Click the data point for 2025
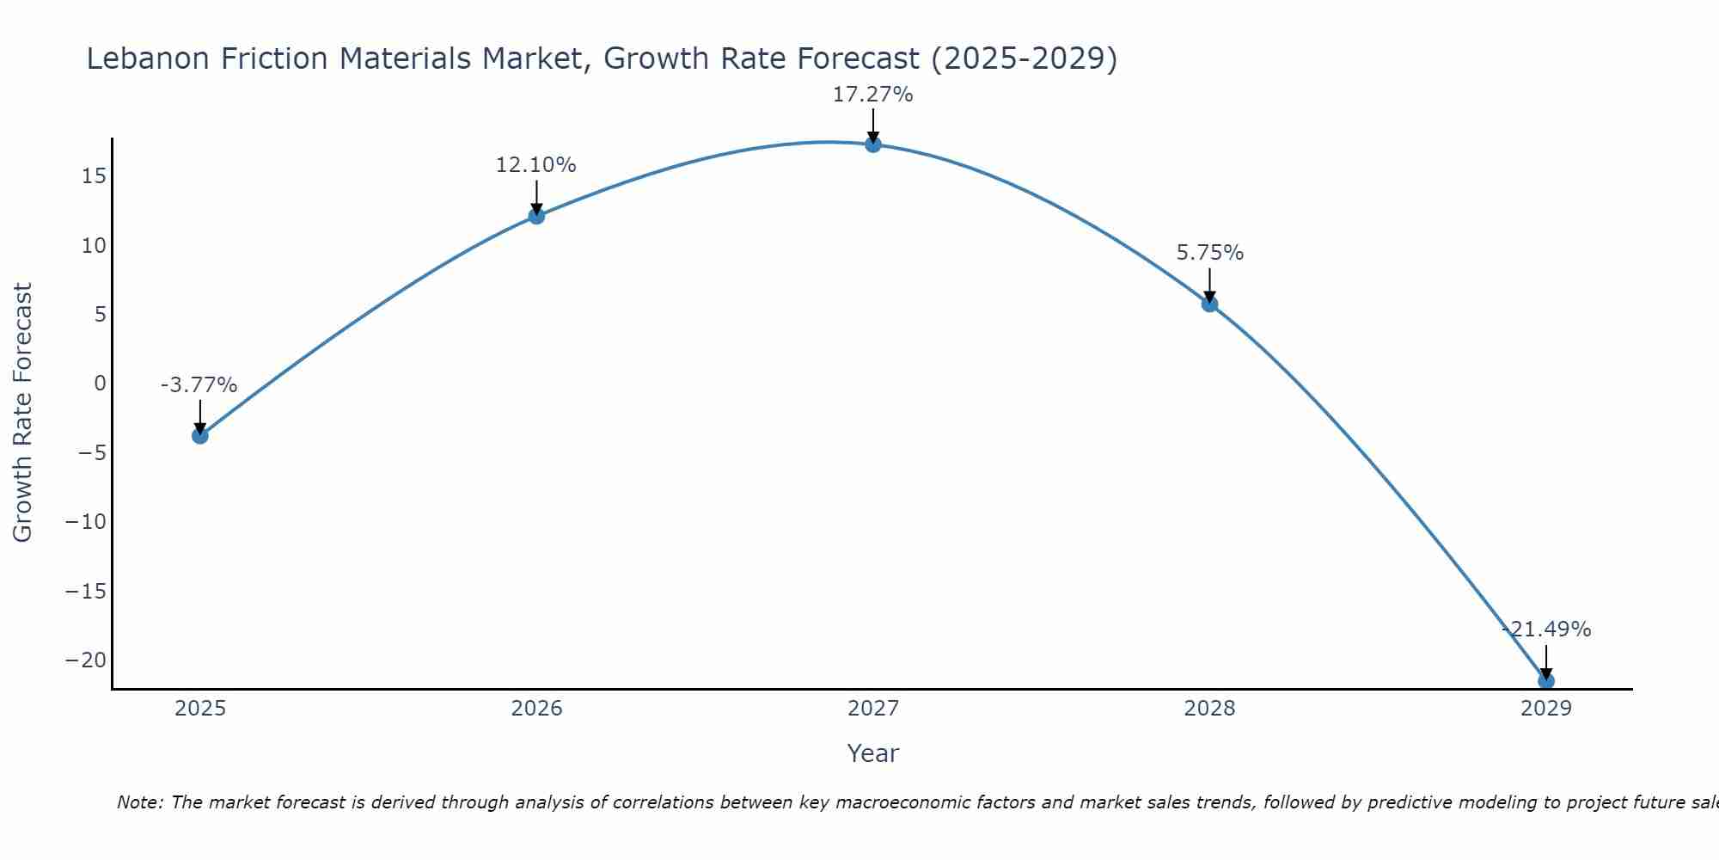tap(199, 435)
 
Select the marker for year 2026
tap(536, 216)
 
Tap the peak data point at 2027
tap(873, 144)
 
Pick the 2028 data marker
tap(1209, 304)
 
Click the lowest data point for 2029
tap(1545, 680)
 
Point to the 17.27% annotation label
tap(872, 95)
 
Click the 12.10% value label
tap(535, 165)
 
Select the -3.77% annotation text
tap(199, 385)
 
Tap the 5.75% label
tap(1209, 253)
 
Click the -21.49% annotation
tap(1546, 630)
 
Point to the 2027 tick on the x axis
tap(873, 709)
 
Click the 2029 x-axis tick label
tap(1545, 709)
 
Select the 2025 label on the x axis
tap(199, 709)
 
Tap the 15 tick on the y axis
tap(94, 176)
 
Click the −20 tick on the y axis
tap(86, 660)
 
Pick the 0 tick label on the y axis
tap(100, 384)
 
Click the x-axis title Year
tap(872, 753)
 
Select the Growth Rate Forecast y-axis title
tap(22, 413)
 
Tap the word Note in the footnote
tap(138, 802)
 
